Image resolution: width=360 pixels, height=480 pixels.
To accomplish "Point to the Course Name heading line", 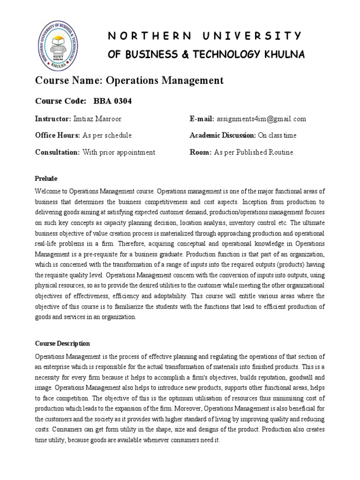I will pos(129,81).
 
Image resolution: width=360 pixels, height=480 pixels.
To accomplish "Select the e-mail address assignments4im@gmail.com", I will pos(261,119).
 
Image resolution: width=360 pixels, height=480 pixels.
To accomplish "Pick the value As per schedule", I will pos(107,135).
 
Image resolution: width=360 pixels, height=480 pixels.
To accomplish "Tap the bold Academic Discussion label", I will pos(222,135).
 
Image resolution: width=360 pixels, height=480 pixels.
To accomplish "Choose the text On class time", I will pos(277,135).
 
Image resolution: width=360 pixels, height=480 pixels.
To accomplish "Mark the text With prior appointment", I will pos(119,152).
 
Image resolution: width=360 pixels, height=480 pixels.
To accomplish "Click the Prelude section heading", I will pos(46,179).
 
